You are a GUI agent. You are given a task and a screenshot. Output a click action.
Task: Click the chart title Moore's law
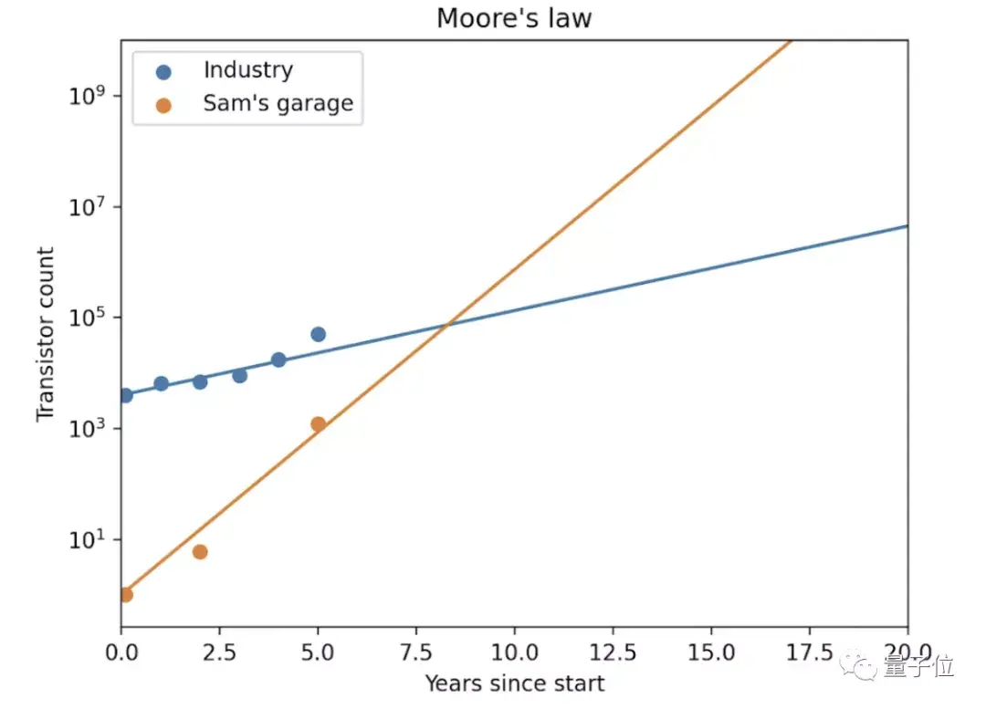click(513, 18)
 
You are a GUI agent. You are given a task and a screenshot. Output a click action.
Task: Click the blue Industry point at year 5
click(318, 334)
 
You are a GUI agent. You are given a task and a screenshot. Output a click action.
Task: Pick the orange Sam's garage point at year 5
click(318, 424)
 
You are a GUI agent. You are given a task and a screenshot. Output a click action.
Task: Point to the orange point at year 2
click(200, 552)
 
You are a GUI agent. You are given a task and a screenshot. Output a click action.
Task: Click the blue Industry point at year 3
click(239, 375)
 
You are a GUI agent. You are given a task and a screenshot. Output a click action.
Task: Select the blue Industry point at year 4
click(278, 360)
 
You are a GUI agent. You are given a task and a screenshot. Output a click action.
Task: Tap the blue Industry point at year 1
click(161, 383)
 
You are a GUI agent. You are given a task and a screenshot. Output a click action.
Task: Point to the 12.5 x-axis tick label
click(613, 653)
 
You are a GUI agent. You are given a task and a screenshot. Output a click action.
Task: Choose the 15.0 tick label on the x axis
click(711, 653)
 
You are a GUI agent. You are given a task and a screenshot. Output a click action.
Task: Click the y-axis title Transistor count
click(46, 334)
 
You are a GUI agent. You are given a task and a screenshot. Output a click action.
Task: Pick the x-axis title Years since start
click(514, 683)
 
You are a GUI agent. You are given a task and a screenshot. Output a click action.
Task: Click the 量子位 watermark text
click(918, 667)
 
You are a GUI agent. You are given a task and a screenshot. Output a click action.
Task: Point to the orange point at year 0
click(125, 595)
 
